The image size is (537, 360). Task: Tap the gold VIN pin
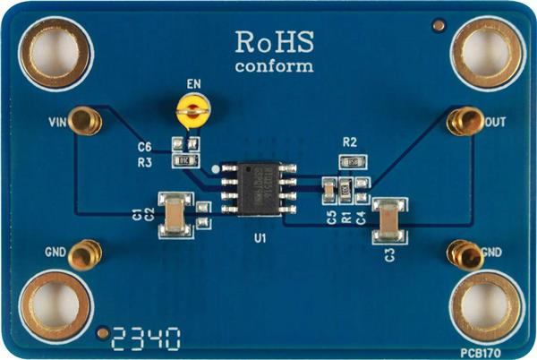pyautogui.click(x=84, y=120)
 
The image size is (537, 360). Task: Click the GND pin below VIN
pyautogui.click(x=83, y=255)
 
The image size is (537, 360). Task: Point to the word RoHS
pyautogui.click(x=274, y=41)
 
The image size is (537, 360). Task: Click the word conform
pyautogui.click(x=274, y=66)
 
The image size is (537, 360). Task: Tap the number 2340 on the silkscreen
pyautogui.click(x=145, y=339)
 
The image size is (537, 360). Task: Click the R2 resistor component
pyautogui.click(x=350, y=162)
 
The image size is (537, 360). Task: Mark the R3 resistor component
pyautogui.click(x=186, y=161)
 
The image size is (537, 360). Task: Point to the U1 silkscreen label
pyautogui.click(x=260, y=238)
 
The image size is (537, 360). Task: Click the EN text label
pyautogui.click(x=193, y=85)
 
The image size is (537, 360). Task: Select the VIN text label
pyautogui.click(x=57, y=118)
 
